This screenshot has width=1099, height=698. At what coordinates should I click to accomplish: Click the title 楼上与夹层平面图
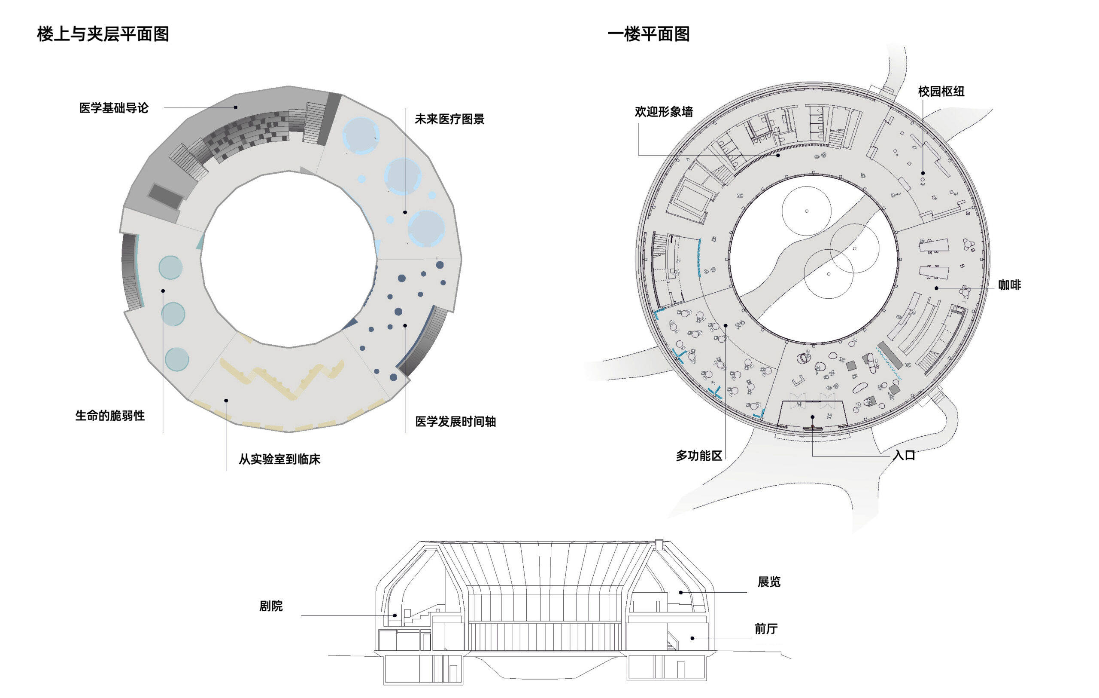(103, 34)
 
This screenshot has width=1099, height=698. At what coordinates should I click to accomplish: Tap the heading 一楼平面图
(648, 34)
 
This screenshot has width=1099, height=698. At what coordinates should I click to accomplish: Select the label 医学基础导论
(114, 108)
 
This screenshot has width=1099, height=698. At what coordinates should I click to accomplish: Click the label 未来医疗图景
(449, 119)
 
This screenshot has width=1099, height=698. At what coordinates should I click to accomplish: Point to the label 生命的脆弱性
(110, 416)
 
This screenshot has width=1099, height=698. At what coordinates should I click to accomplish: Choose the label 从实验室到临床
(279, 459)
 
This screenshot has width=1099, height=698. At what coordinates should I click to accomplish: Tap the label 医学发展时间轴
(455, 422)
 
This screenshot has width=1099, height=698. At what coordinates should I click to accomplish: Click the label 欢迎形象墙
(664, 112)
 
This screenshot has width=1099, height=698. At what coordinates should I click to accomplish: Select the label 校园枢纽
(941, 92)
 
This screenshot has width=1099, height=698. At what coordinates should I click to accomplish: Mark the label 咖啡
(1009, 285)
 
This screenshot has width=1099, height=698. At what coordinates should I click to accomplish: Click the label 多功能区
(699, 456)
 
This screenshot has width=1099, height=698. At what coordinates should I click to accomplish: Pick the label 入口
(904, 456)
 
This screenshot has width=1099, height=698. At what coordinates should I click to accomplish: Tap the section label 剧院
(271, 606)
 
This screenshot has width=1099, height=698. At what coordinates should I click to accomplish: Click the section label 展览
(769, 582)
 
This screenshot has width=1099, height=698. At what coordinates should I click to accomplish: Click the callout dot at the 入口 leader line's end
(813, 417)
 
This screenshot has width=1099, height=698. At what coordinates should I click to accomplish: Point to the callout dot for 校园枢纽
(923, 173)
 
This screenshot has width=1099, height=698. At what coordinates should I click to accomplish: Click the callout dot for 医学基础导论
(236, 107)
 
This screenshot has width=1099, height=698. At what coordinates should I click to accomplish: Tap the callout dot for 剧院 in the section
(395, 616)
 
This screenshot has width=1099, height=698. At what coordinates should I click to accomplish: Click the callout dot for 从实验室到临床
(226, 401)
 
